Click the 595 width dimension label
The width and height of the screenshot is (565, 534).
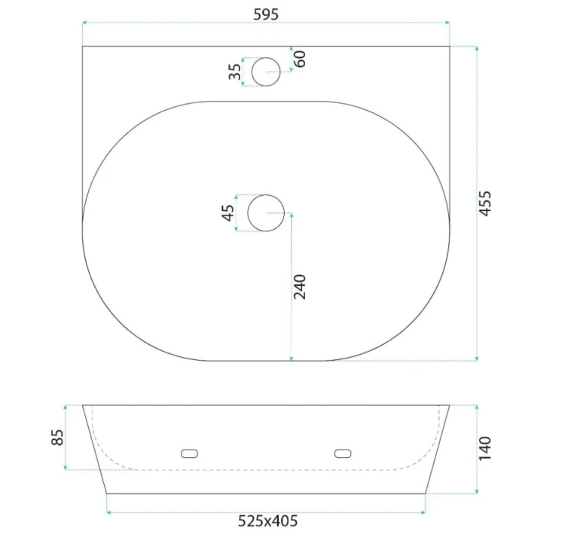tap(266, 14)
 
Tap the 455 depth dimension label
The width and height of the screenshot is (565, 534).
tap(485, 203)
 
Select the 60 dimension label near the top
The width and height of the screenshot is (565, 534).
tap(300, 59)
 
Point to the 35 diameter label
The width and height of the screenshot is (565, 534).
tap(235, 72)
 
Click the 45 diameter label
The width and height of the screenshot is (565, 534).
tap(228, 212)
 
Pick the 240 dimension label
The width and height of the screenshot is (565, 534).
tap(300, 287)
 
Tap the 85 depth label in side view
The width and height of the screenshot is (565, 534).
tap(58, 438)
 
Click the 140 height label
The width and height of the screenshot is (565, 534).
tap(485, 449)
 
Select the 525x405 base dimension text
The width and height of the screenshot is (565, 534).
tap(267, 521)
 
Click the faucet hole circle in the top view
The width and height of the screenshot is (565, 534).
tap(266, 58)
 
